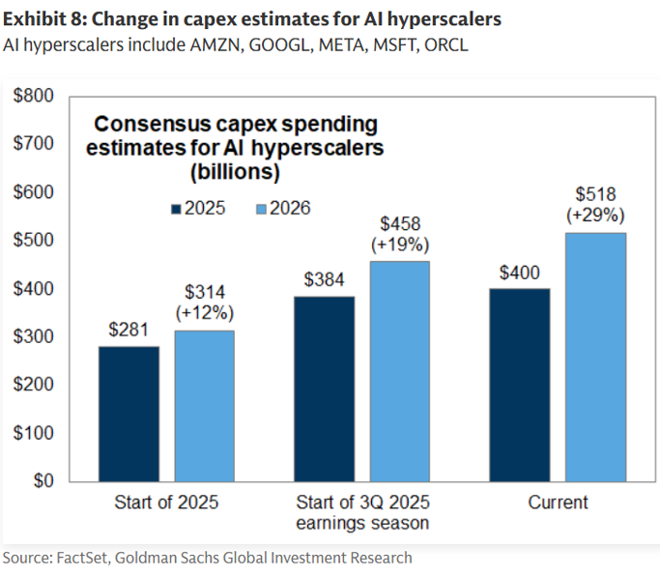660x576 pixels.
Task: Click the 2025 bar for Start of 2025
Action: [x=129, y=414]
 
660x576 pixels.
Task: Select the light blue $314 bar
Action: [x=204, y=406]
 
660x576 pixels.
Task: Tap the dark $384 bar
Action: [x=325, y=389]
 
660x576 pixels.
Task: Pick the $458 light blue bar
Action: [x=400, y=371]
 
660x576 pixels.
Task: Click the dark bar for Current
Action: [x=520, y=385]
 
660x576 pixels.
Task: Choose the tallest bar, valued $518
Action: [x=595, y=357]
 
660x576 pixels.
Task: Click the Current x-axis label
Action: [x=558, y=503]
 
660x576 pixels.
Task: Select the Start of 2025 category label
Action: [x=166, y=503]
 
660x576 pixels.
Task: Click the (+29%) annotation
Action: [x=596, y=215]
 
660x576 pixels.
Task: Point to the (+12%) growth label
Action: [x=205, y=313]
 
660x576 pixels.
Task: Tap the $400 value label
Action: [x=520, y=273]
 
